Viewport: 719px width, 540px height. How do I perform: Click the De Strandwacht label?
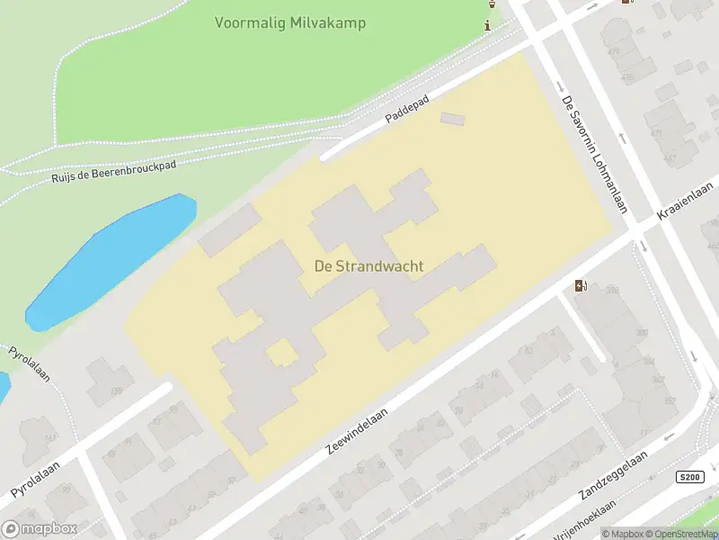(368, 266)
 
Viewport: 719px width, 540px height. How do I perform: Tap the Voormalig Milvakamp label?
(290, 22)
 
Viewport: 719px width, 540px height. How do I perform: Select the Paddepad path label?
(408, 108)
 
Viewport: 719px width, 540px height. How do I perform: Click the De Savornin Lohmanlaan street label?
(592, 153)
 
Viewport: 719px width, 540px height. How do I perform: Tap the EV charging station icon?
(581, 286)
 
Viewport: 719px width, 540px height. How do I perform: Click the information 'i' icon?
(487, 25)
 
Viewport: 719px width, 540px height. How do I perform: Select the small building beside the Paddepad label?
(453, 119)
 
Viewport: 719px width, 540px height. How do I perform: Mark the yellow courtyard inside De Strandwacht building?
(282, 352)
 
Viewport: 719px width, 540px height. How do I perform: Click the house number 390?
(615, 290)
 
